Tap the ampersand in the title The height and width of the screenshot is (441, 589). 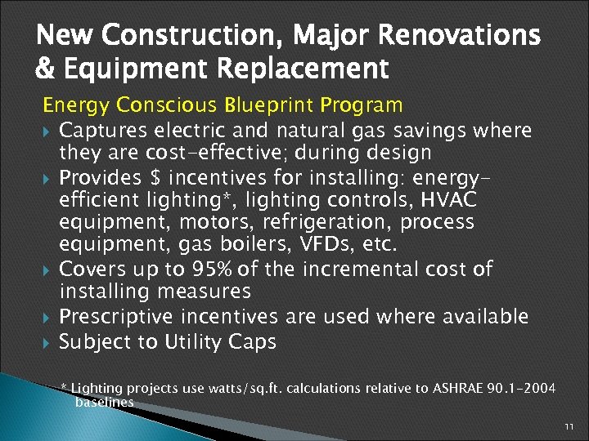[45, 69]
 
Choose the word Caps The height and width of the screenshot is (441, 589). [253, 341]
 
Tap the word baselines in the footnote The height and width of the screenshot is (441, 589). [104, 402]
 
